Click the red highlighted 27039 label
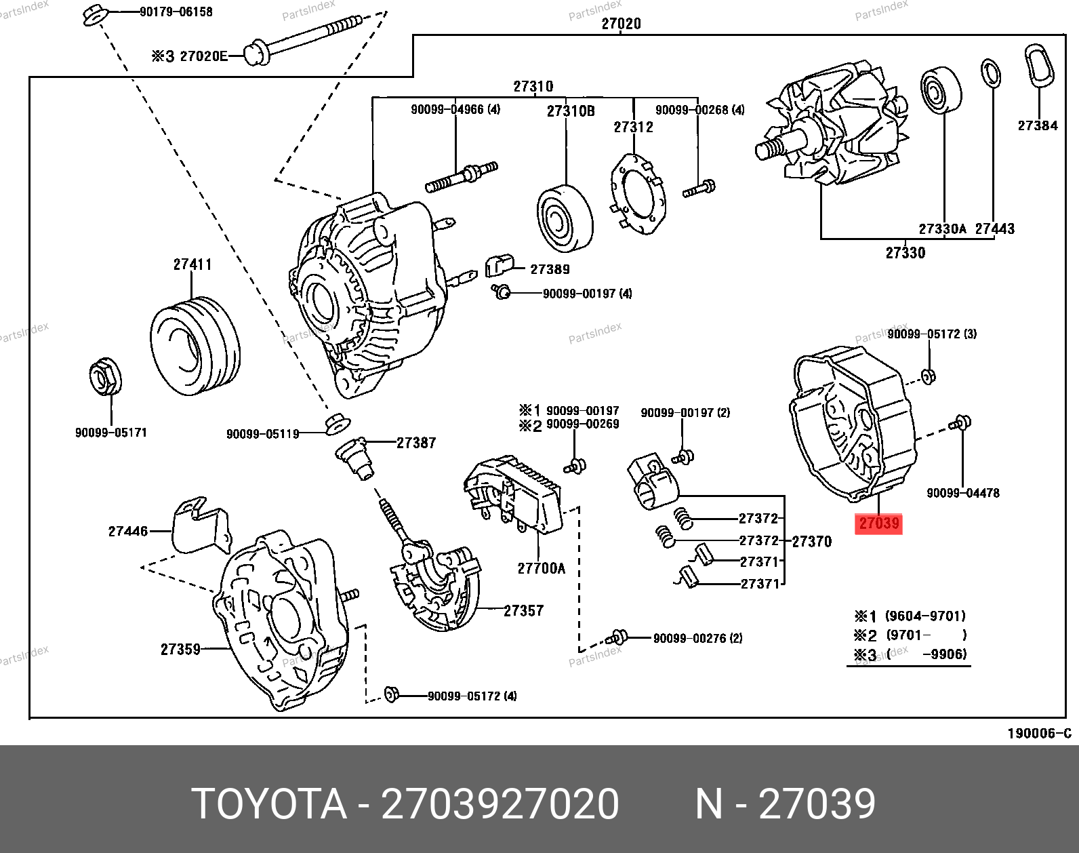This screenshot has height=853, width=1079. (x=878, y=523)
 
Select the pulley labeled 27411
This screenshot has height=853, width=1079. (x=195, y=345)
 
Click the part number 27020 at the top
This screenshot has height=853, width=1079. (x=621, y=24)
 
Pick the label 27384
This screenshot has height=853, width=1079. (x=1037, y=125)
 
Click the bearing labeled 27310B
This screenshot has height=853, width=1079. (x=565, y=217)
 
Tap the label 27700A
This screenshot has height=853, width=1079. (x=541, y=569)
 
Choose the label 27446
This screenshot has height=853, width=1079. (x=127, y=531)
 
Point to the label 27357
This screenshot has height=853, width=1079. (x=523, y=611)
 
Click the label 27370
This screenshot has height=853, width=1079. (x=811, y=541)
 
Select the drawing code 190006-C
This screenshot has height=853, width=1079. (x=1039, y=733)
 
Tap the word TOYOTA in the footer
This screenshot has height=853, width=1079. (x=269, y=804)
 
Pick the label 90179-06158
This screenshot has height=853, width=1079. (x=176, y=12)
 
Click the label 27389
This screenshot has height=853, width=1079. (x=550, y=269)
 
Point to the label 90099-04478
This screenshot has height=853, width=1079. (x=962, y=493)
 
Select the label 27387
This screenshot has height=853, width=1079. (x=416, y=443)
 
